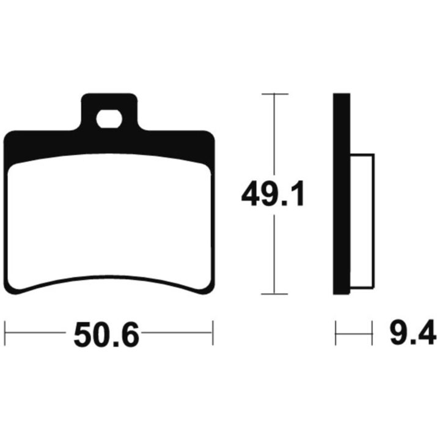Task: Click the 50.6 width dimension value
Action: pyautogui.click(x=106, y=334)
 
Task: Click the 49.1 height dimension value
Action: pyautogui.click(x=273, y=194)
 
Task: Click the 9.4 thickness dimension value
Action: pyautogui.click(x=413, y=332)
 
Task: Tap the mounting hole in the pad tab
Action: pyautogui.click(x=109, y=119)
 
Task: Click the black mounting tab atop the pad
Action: pyautogui.click(x=109, y=112)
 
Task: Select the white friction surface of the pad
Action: pyautogui.click(x=109, y=222)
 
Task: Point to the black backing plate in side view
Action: pyautogui.click(x=342, y=194)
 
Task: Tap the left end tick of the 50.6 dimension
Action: pyautogui.click(x=5, y=333)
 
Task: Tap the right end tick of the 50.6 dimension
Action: pyautogui.click(x=213, y=333)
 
